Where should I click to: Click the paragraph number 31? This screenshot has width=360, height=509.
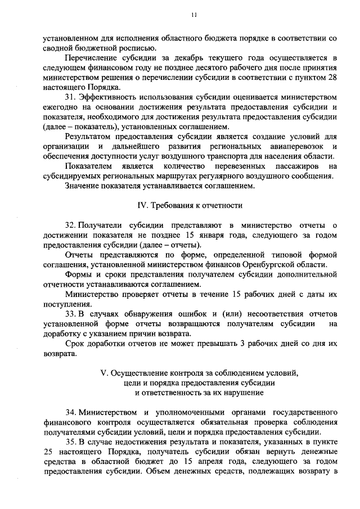(70, 98)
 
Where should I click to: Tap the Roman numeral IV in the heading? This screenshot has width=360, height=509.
(143, 206)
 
